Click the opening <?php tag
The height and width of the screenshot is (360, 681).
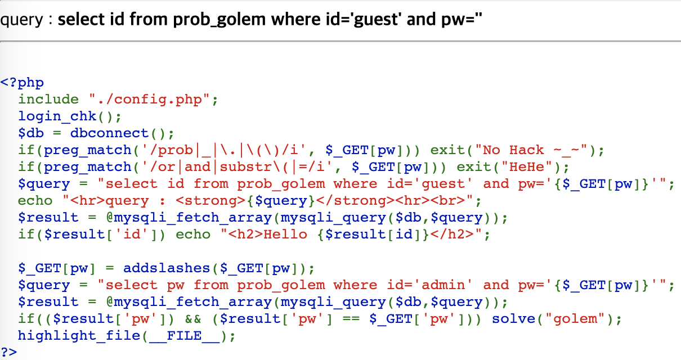coord(22,83)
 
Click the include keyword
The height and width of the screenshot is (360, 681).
coord(48,100)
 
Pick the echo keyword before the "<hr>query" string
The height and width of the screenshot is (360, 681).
coord(35,201)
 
